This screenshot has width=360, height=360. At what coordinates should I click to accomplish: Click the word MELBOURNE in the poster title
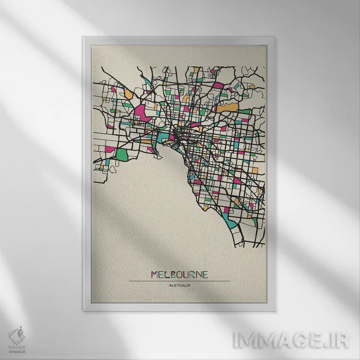point(180,275)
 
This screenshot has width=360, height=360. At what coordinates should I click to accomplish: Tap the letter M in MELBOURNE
point(155,275)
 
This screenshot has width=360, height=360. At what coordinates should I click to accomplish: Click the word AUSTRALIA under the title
point(180,287)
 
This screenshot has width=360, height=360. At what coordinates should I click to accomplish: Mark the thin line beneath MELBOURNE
point(180,281)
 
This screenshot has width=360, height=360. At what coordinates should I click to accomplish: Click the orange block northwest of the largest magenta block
point(128,93)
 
